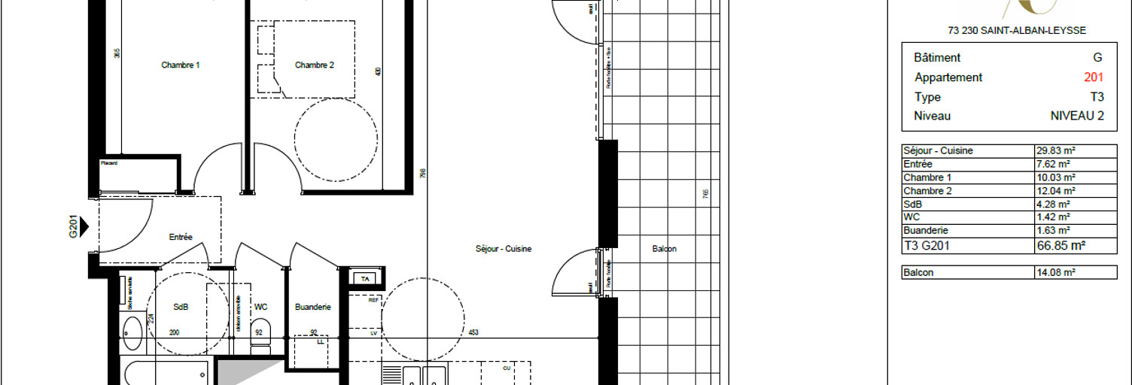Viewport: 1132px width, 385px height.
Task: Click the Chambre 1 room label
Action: pyautogui.click(x=181, y=65)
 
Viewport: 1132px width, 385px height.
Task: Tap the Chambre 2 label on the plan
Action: pyautogui.click(x=314, y=65)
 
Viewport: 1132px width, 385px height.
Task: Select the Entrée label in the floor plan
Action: pyautogui.click(x=181, y=237)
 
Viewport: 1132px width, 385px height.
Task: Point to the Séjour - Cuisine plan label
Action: pyautogui.click(x=504, y=249)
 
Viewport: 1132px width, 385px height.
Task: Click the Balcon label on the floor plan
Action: pyautogui.click(x=664, y=249)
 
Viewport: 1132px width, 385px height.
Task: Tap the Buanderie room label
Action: pyautogui.click(x=313, y=307)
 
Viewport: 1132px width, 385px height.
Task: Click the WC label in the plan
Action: pyautogui.click(x=260, y=307)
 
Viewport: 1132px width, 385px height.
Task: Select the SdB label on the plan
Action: pyautogui.click(x=181, y=307)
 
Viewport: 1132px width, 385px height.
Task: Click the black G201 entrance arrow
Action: pyautogui.click(x=84, y=225)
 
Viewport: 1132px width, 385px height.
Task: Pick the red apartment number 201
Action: pyautogui.click(x=1094, y=77)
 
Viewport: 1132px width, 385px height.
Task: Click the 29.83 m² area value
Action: pyautogui.click(x=1054, y=150)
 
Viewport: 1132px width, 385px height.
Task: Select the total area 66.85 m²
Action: pyautogui.click(x=1060, y=245)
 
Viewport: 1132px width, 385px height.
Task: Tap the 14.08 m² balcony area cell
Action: pyautogui.click(x=1054, y=273)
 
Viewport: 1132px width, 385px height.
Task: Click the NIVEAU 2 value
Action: pyautogui.click(x=1077, y=116)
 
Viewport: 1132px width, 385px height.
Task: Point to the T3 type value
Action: pyautogui.click(x=1097, y=97)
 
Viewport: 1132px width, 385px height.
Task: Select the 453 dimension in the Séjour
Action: pyautogui.click(x=473, y=333)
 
